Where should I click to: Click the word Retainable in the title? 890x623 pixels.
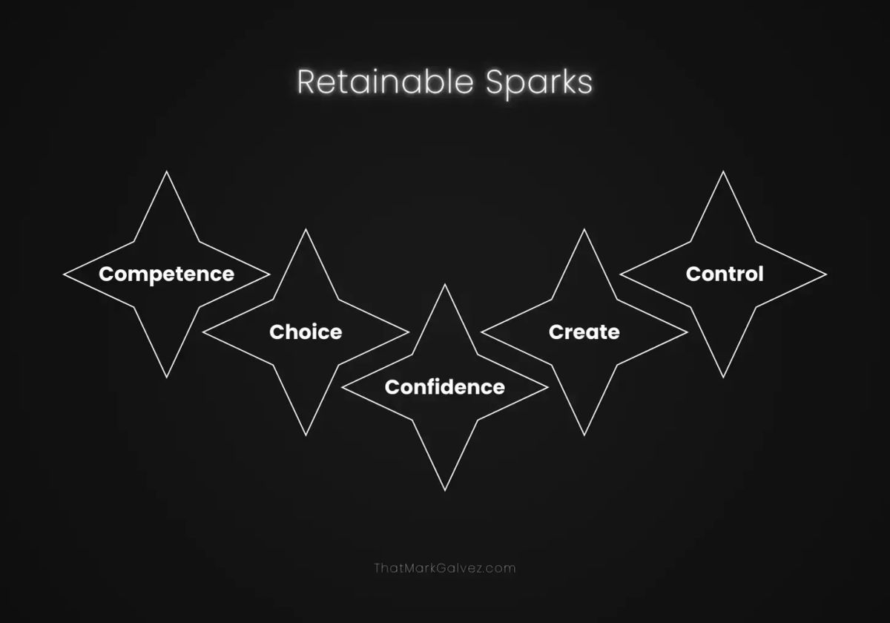pos(386,82)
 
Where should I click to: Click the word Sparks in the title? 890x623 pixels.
pos(539,83)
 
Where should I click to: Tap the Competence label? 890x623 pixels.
pos(166,275)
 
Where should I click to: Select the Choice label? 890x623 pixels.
pos(306,332)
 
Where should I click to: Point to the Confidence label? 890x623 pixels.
pos(444,387)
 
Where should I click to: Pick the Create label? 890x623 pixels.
pos(584,332)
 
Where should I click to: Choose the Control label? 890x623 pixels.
pos(725,274)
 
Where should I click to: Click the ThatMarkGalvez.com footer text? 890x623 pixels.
pos(444,568)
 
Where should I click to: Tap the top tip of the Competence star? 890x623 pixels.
pos(166,171)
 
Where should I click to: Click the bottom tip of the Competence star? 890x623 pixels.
pos(166,378)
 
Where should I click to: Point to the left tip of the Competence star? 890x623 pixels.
pos(64,274)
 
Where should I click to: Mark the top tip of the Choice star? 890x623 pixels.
pos(306,229)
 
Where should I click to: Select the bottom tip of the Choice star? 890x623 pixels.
pos(306,436)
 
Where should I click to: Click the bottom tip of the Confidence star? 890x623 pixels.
pos(444,491)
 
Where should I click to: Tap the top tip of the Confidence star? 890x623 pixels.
pos(444,285)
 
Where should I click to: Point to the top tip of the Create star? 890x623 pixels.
pos(584,229)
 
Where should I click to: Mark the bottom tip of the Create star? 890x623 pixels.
pos(584,436)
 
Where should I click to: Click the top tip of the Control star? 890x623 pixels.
pos(723,171)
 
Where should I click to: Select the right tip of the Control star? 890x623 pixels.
pos(826,274)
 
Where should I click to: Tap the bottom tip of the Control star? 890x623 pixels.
pos(723,378)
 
